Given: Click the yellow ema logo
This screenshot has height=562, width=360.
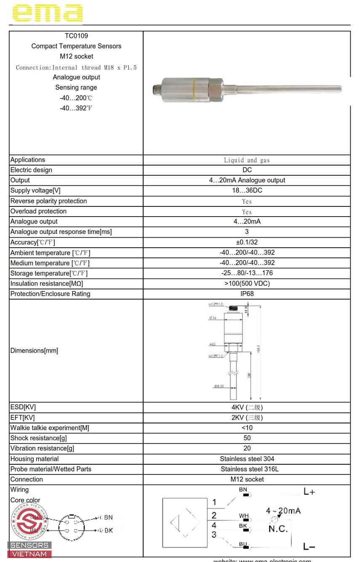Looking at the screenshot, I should coord(47,13).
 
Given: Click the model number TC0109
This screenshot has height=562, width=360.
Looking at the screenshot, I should coord(76,36).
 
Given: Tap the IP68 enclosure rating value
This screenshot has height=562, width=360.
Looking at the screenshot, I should coord(247,294).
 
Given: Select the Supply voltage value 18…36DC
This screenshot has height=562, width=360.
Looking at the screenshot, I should coord(247,190).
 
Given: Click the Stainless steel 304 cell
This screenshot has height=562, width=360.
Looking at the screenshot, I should coord(247,459).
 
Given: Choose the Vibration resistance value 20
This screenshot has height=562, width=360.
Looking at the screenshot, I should coord(247,448).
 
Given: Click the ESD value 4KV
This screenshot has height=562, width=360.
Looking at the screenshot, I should coord(247,407).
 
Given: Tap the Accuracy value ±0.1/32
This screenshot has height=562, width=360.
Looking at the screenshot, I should coord(247,242).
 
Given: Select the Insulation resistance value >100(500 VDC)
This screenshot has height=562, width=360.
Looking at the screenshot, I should coord(247,284).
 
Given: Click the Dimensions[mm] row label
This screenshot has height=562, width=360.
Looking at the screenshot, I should coord(34,351).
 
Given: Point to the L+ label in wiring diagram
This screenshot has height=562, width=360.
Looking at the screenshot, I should coord(309,492).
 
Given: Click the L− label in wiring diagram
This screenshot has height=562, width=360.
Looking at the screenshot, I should coord(309,547).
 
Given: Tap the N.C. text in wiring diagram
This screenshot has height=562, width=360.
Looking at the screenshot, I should coord(278,529).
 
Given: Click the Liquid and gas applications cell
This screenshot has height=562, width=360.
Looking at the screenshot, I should coord(247,160).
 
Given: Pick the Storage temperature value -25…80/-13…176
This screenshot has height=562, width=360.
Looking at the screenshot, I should coord(247,273).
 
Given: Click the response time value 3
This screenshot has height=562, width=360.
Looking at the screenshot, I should coord(247,232).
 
